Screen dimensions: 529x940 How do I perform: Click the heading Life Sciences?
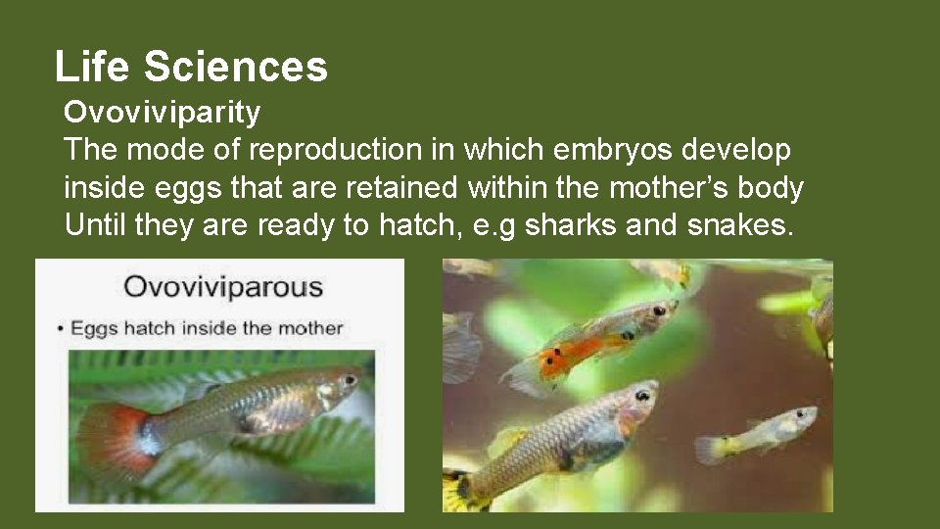point(191,67)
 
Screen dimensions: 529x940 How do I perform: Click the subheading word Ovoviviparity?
point(163,113)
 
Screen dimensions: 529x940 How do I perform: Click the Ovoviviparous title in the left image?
point(222,287)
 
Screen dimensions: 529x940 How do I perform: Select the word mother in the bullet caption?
point(316,327)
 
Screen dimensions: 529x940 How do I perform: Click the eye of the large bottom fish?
point(642,396)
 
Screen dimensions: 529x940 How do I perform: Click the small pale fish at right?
point(759,433)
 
